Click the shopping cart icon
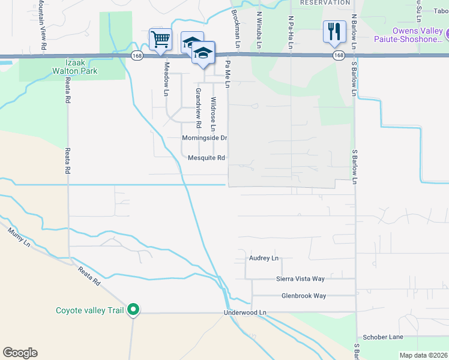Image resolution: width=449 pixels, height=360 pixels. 160,40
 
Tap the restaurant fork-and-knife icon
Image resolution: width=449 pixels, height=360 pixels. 334,31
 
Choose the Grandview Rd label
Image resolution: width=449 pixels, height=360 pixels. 198,108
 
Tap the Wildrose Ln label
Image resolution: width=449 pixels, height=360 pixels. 213,115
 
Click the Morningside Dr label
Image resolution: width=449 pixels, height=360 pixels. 205,138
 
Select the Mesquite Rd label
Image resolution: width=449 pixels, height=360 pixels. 206,158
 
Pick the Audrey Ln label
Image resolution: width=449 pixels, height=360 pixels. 264,259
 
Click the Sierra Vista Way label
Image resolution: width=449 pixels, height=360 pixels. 300,279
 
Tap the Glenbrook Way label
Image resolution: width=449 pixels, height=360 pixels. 304,296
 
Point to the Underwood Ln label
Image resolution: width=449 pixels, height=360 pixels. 244,313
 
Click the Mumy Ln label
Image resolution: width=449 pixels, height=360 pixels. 18,236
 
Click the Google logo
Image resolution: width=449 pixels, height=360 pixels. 20,353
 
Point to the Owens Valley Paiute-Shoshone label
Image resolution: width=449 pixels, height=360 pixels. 418,36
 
